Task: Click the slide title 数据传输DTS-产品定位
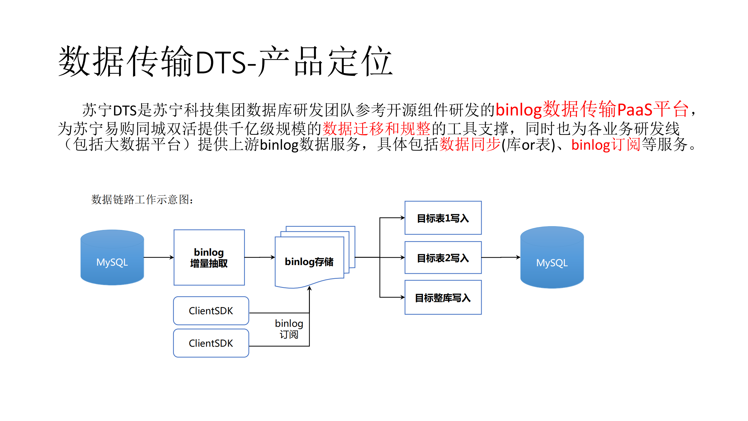pos(225,61)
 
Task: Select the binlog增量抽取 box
pos(209,257)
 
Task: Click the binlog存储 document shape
pos(309,261)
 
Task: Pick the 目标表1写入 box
pos(443,218)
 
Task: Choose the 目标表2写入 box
pos(443,258)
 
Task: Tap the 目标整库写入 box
pos(443,298)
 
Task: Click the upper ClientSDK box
pos(211,311)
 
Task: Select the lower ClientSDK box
pos(211,343)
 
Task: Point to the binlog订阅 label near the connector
pos(289,329)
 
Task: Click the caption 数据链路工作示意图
pos(142,200)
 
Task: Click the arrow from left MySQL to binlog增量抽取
pos(159,257)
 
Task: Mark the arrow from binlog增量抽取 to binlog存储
pos(260,257)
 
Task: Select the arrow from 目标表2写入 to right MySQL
pos(501,257)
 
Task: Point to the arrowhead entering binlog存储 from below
pos(309,288)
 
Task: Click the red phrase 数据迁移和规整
pos(376,128)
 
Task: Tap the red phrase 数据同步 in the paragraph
pos(470,145)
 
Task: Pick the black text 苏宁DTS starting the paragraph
pos(109,110)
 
